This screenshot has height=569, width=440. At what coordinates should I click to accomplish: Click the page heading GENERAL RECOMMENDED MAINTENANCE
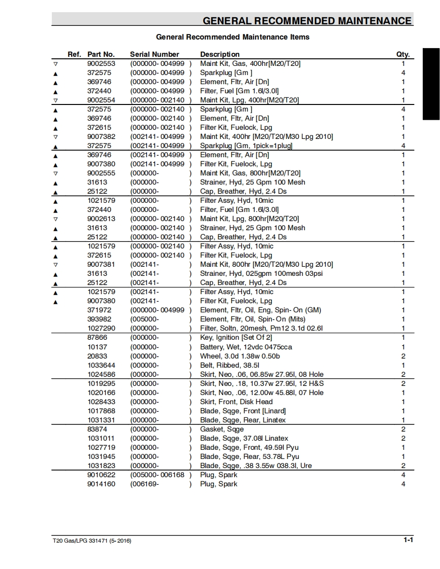tap(307, 21)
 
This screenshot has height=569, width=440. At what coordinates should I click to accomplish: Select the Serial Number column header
tap(154, 54)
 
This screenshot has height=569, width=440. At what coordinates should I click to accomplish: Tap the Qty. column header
tap(402, 54)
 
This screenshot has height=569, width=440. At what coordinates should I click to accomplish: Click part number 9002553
tap(101, 63)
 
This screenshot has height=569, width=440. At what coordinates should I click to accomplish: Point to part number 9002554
tap(101, 100)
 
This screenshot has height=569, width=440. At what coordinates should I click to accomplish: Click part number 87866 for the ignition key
tap(97, 338)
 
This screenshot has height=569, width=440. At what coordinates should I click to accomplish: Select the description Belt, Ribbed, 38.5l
tap(230, 365)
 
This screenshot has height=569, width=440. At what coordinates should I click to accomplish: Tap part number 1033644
tap(101, 365)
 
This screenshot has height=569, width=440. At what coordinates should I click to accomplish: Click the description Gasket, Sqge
tap(222, 429)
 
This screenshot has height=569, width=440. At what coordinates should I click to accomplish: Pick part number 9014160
tap(101, 484)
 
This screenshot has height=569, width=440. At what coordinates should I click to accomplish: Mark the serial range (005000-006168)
tap(161, 475)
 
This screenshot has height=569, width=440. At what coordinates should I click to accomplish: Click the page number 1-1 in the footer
tap(408, 540)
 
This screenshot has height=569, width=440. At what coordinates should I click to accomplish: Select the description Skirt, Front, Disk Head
tap(236, 402)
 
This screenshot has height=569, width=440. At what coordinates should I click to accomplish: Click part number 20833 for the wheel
tap(97, 356)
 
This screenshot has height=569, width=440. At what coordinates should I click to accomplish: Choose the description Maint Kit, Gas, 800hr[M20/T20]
tap(250, 173)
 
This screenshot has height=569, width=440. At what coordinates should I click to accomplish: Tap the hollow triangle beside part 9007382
tap(55, 137)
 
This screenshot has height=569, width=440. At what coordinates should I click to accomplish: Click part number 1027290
tap(101, 329)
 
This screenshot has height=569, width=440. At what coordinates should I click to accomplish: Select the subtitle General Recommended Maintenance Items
tap(232, 37)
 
